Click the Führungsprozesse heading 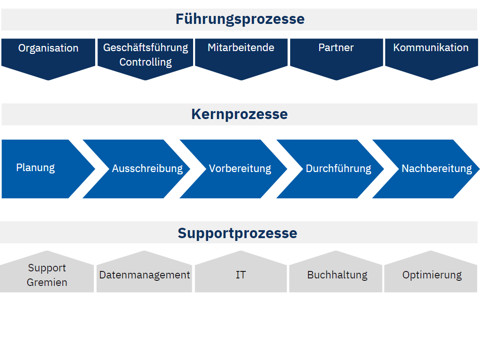click(x=240, y=19)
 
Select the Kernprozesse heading click(x=240, y=114)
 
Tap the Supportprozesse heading click(x=238, y=233)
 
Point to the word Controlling click(x=145, y=62)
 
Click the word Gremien click(x=47, y=282)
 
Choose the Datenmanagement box click(x=144, y=272)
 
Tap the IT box click(x=241, y=272)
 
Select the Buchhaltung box click(x=336, y=272)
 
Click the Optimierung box click(x=431, y=272)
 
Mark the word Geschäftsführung click(x=146, y=48)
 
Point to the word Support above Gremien click(x=47, y=268)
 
